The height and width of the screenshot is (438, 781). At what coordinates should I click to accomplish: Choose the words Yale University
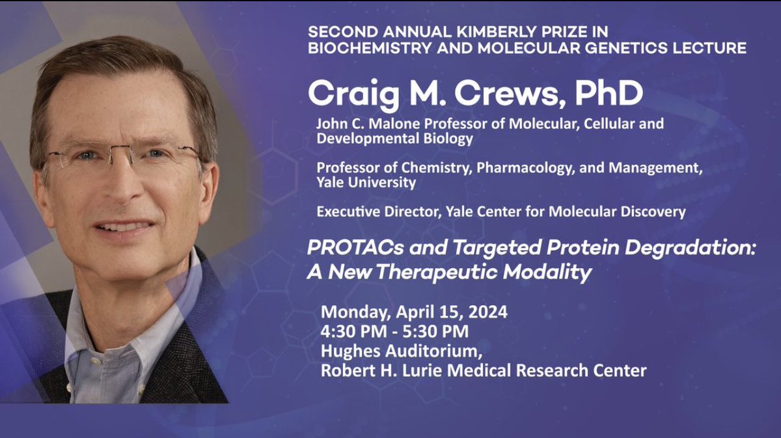click(x=366, y=182)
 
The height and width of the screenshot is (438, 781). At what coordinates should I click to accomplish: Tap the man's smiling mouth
click(x=124, y=228)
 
